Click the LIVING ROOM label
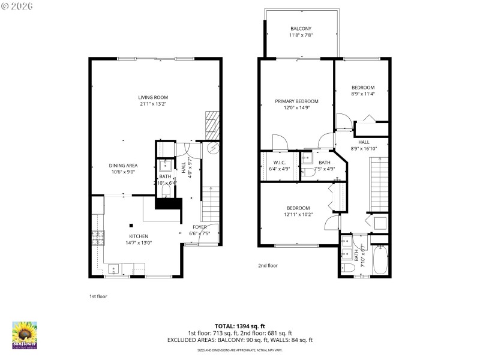point(153,97)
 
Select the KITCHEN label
point(138,236)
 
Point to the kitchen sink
point(115,268)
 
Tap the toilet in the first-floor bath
point(166,191)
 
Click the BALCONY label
point(301,28)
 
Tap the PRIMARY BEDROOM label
point(296,101)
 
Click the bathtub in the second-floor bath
point(380,261)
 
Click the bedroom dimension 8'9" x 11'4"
point(362,94)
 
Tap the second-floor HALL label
point(364,142)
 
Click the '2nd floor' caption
point(268,265)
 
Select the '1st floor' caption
point(98,296)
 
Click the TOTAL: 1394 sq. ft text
point(240,326)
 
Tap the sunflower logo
point(25,334)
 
